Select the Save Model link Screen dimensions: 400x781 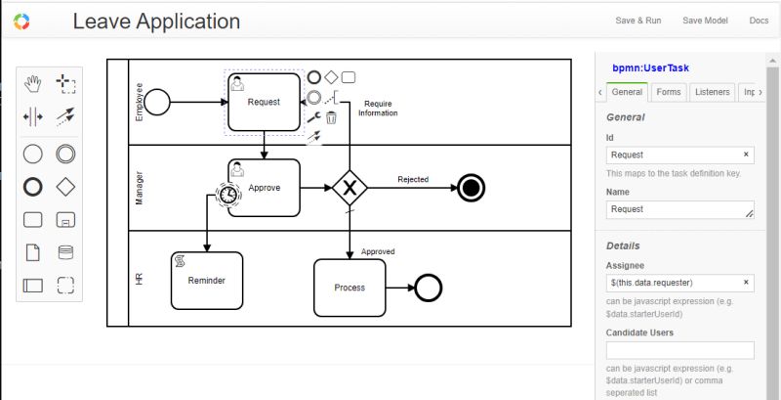704,21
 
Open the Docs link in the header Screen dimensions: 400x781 759,21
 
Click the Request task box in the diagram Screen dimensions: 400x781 264,102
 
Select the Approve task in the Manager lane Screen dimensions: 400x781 264,188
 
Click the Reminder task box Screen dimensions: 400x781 206,281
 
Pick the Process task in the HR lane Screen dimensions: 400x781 349,288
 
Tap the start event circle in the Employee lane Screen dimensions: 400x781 157,101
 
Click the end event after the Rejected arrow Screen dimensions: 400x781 471,188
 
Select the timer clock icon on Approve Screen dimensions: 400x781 227,195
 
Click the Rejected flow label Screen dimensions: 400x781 412,179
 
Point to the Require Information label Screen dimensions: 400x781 378,108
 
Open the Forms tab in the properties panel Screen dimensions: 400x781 669,92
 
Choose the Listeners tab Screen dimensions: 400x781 711,92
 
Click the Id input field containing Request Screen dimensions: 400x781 674,155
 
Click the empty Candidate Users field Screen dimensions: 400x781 679,350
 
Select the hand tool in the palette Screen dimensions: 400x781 33,83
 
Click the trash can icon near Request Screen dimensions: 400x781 331,118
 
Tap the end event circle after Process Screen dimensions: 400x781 428,288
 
